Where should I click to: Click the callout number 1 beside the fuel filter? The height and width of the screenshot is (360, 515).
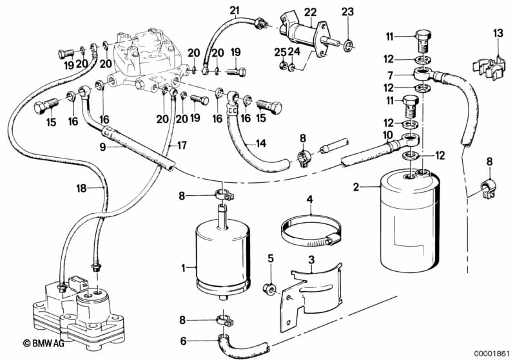(x=183, y=267)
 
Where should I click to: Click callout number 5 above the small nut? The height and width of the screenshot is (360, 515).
(x=271, y=259)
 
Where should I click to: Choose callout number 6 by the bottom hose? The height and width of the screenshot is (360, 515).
(x=183, y=341)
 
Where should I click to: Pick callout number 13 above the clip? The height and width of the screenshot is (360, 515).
(x=497, y=33)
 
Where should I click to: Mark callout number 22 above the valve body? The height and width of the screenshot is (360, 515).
(x=311, y=12)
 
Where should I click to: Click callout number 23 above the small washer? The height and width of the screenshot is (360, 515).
(x=348, y=12)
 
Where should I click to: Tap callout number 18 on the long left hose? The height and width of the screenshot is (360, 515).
(x=80, y=189)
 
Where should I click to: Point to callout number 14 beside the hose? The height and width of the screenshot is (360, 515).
(x=260, y=143)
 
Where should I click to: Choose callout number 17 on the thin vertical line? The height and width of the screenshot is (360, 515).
(x=182, y=146)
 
